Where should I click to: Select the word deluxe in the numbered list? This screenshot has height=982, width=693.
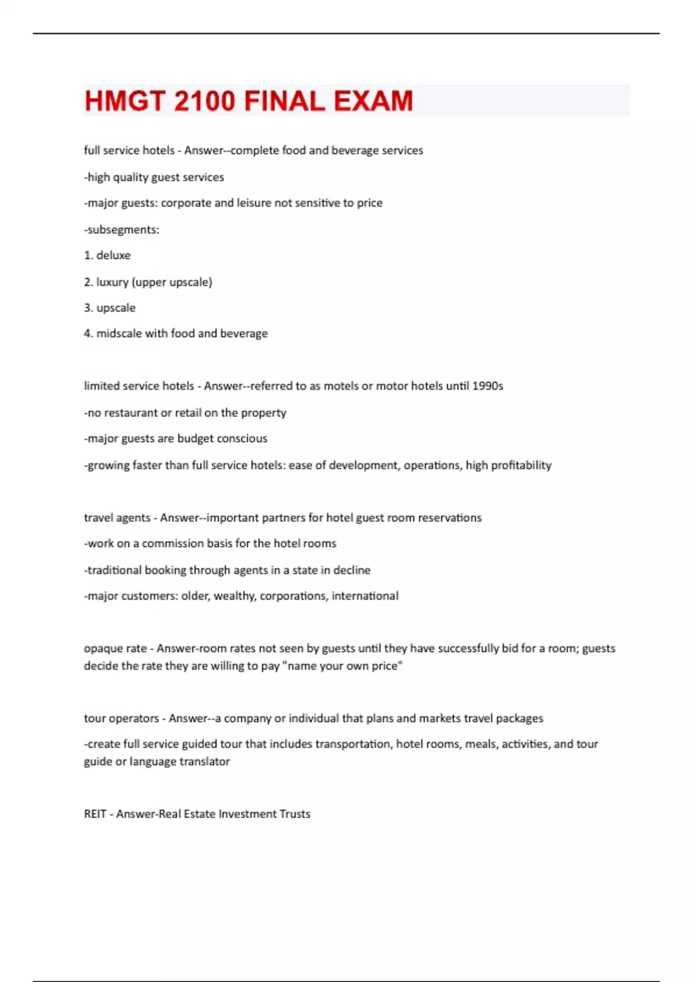point(113,255)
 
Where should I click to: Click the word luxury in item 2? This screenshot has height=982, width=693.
point(112,282)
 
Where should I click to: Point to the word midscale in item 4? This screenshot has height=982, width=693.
point(118,333)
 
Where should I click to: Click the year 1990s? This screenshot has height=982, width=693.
point(487,386)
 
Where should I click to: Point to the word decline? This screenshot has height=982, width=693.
point(352,570)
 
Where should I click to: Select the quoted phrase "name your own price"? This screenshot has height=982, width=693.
point(342,666)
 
